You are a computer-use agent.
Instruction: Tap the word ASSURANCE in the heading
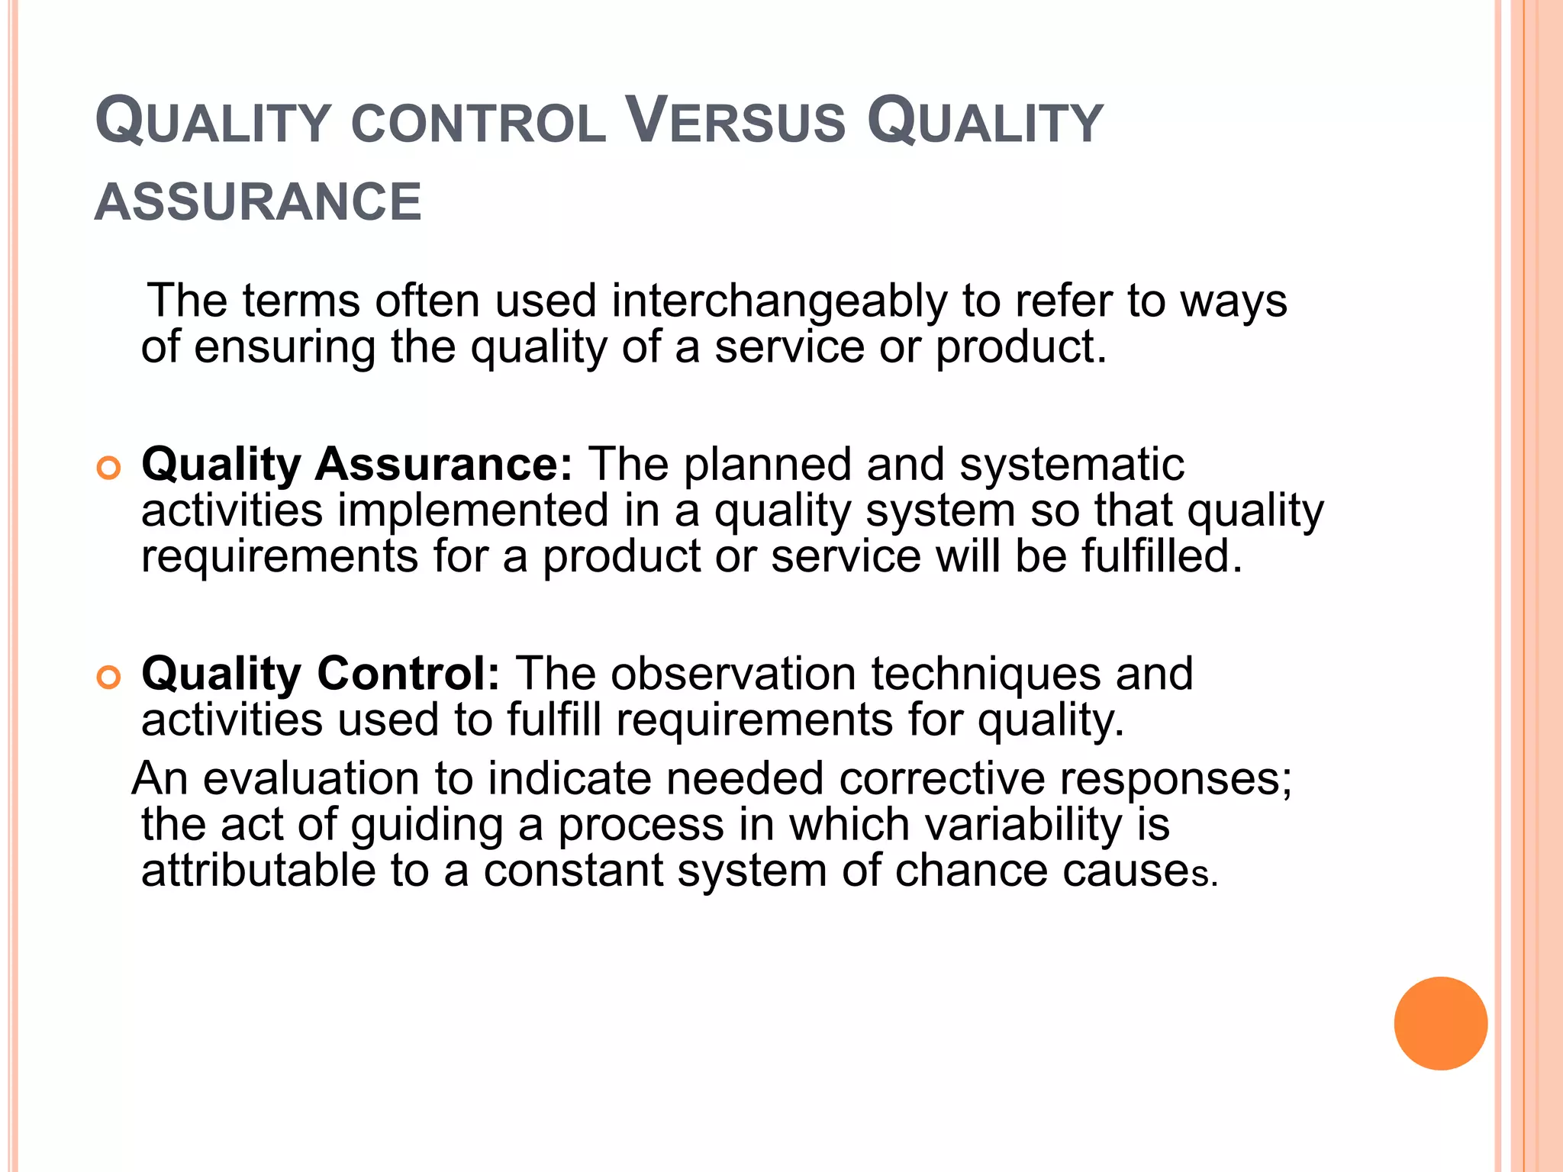(258, 203)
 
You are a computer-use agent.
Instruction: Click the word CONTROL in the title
(479, 124)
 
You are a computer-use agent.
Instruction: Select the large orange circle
(1440, 1023)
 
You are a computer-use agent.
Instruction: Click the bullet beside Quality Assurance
(109, 468)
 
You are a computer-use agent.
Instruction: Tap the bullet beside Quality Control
(109, 677)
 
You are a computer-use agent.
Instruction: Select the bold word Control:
(408, 674)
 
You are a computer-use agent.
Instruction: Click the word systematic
(1072, 464)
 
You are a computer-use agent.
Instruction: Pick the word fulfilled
(1162, 555)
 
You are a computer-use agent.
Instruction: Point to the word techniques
(986, 675)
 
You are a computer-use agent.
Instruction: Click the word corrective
(942, 779)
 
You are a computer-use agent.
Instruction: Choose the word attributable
(259, 871)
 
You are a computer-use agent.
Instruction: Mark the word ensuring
(285, 348)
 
